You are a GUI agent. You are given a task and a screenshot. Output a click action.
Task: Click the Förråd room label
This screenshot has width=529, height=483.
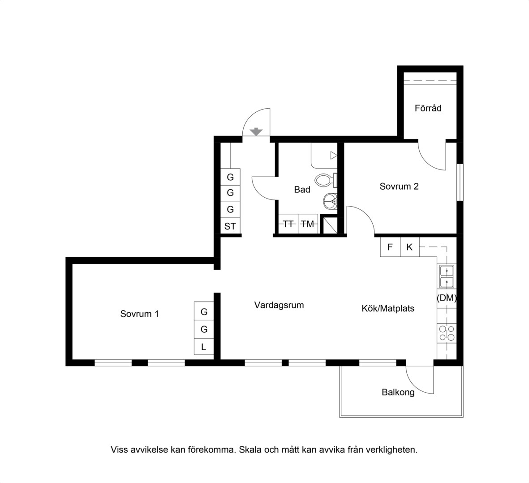tap(428, 108)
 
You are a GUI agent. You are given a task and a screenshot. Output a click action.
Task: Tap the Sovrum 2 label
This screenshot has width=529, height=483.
tap(399, 186)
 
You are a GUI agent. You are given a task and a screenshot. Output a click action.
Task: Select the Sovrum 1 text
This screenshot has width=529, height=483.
tap(139, 314)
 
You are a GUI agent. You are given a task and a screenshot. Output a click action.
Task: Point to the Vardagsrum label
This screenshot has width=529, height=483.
tap(279, 305)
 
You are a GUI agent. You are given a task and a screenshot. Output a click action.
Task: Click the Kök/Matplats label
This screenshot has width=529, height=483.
tap(388, 308)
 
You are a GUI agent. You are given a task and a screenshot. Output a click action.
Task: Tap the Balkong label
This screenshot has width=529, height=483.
tap(398, 392)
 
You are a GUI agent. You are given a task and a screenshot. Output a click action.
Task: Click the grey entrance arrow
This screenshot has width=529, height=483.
tap(256, 131)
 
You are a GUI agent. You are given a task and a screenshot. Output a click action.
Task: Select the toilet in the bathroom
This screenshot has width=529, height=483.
tap(326, 180)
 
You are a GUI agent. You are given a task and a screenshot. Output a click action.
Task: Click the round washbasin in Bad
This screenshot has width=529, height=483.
tap(330, 202)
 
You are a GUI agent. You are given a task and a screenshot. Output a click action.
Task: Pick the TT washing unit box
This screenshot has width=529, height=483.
tap(288, 224)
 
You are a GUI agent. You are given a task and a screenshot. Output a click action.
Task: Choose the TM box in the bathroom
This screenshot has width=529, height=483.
tap(308, 224)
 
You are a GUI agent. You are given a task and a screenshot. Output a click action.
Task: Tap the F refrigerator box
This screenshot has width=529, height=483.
tap(390, 247)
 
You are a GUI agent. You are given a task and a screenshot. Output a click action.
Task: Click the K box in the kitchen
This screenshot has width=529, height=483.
tap(409, 247)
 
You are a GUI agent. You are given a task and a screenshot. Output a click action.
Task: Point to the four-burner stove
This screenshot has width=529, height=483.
tap(447, 333)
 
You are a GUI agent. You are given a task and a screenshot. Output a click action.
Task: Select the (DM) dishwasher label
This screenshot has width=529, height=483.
tap(447, 298)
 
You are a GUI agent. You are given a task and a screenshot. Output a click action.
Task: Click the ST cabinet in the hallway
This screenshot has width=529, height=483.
tap(230, 226)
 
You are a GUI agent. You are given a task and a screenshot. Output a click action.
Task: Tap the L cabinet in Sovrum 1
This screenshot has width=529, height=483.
tap(204, 347)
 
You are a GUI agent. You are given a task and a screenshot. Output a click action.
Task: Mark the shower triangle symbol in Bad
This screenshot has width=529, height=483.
tap(334, 155)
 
